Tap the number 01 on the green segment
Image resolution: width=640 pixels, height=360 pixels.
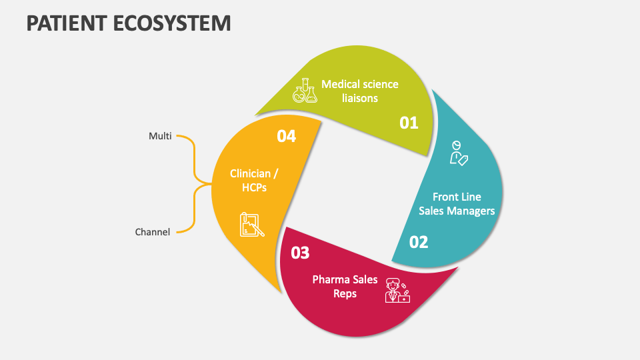[x=409, y=123]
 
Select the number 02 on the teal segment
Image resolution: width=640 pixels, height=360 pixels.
[x=419, y=242]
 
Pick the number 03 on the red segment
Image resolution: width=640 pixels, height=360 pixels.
[x=300, y=253]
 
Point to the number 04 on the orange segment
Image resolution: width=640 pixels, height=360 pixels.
[x=286, y=136]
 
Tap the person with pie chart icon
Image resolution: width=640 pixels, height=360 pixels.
[x=458, y=152]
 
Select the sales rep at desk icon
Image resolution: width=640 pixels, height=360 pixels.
[x=397, y=291]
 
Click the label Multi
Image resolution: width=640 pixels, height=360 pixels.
[x=160, y=136]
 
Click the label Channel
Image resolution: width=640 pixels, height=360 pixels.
[x=153, y=232]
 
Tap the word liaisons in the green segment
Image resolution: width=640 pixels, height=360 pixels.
[x=360, y=98]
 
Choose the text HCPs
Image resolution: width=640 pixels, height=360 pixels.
[x=254, y=187]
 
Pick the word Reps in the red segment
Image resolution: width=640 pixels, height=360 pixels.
[x=345, y=293]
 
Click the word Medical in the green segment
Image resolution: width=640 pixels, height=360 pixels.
[x=341, y=84]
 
